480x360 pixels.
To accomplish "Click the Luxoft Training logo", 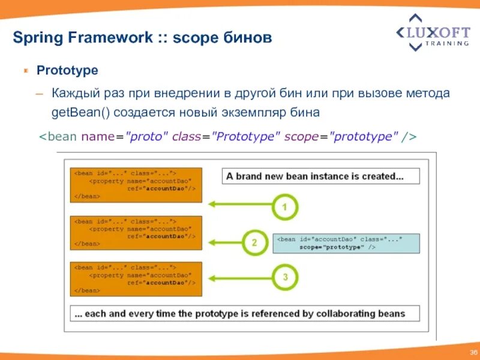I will [x=433, y=32].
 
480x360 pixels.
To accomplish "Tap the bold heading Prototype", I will [x=67, y=70].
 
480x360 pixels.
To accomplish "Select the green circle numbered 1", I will [x=284, y=208].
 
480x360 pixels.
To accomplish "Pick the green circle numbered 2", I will [x=254, y=242].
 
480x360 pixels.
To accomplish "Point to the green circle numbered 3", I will [x=284, y=278].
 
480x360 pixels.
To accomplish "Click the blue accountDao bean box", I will [x=346, y=243].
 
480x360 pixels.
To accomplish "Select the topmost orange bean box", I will [x=136, y=185].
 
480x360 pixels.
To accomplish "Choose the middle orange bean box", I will [x=136, y=233].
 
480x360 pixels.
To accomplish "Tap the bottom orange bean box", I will [x=136, y=279].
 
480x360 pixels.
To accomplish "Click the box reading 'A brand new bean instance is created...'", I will [x=321, y=176].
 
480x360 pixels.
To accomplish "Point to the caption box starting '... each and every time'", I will [x=245, y=313].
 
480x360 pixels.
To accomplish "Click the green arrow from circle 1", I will [x=240, y=204].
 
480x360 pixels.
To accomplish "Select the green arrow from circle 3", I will [x=240, y=278].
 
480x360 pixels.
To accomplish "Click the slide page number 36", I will [x=471, y=352].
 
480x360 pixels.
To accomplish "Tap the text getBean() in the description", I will [x=81, y=112].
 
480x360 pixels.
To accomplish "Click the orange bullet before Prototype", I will [x=26, y=71].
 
